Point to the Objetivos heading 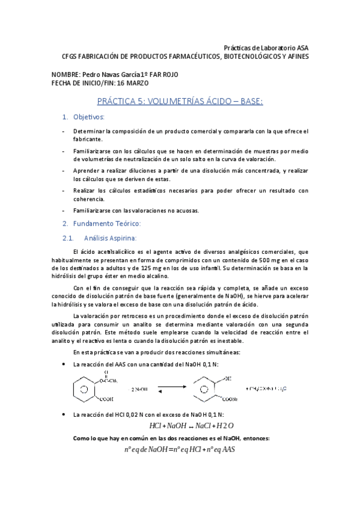88,117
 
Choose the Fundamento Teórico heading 106,224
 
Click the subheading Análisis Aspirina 111,238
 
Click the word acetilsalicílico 114,251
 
